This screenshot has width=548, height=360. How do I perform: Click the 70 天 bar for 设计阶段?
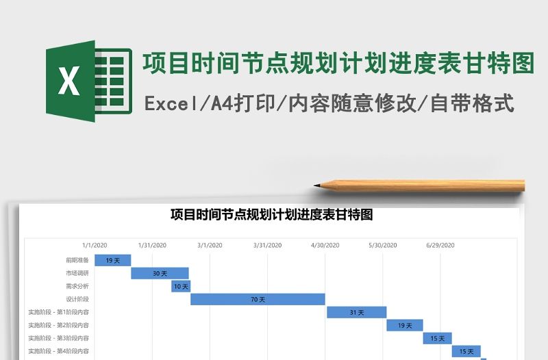point(258,299)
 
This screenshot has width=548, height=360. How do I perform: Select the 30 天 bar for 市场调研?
point(160,273)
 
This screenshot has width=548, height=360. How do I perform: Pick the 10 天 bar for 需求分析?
point(181,286)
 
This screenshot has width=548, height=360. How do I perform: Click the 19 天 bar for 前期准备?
point(112,260)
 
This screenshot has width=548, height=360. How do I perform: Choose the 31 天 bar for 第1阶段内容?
point(356,312)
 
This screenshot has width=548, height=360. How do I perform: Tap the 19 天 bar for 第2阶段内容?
point(404,325)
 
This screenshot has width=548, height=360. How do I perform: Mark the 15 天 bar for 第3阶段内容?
point(437,338)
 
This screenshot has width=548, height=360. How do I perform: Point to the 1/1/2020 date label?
point(95,245)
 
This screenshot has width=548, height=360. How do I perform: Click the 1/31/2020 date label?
point(152,245)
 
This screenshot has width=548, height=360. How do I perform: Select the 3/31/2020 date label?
point(267,245)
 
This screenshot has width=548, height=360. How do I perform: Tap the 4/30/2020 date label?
point(325,245)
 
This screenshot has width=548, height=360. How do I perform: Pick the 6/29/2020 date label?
point(440,245)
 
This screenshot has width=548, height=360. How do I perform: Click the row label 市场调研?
point(77,273)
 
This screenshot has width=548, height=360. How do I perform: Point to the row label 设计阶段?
point(77,299)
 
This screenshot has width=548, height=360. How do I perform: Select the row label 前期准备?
point(77,260)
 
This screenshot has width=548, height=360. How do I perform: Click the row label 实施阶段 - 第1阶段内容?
point(58,312)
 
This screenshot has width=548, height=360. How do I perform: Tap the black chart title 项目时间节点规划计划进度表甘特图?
point(271,215)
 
